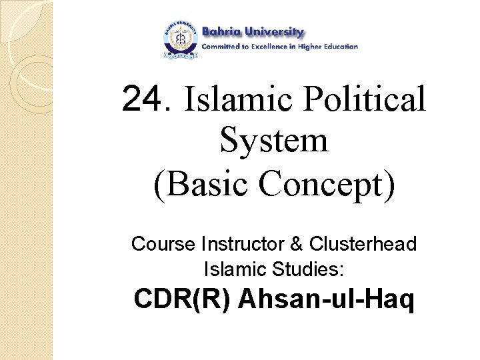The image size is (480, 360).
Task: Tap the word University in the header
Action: coord(275,32)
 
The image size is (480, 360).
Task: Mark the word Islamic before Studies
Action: coord(234,269)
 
